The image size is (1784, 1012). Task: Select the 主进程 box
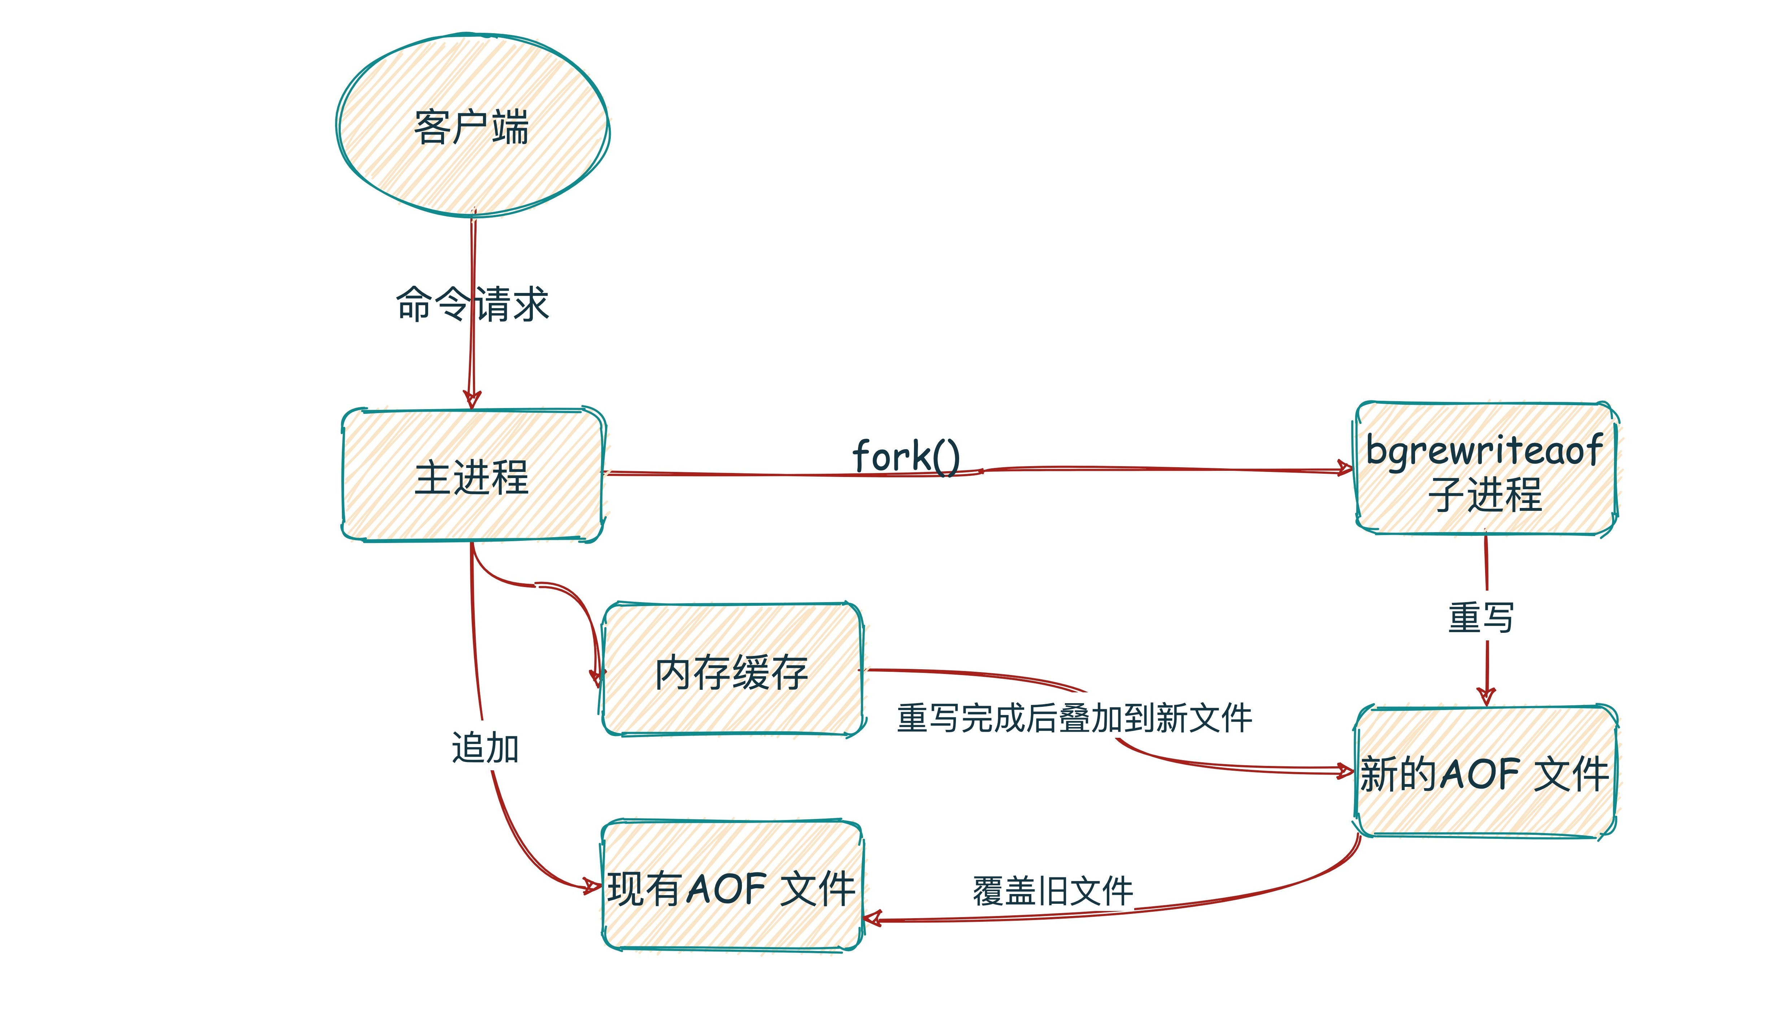(472, 476)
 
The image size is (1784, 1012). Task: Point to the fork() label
(906, 456)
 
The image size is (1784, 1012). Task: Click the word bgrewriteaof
(1484, 450)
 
